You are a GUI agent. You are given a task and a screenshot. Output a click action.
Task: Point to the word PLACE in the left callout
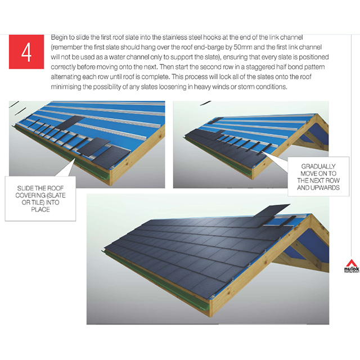[x=41, y=209]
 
